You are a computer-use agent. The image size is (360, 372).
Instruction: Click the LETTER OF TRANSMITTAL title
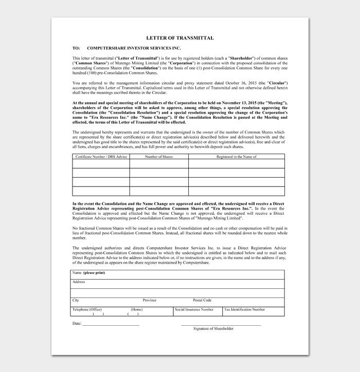click(x=180, y=38)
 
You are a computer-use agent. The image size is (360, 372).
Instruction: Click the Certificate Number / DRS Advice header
click(x=101, y=156)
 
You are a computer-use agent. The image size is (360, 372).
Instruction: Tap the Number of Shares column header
click(x=159, y=156)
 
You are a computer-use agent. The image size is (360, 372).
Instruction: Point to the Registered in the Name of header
click(x=236, y=156)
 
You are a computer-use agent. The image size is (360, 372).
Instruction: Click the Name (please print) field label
click(x=89, y=272)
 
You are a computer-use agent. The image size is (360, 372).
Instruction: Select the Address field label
click(x=79, y=282)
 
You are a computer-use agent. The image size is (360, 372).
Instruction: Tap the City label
click(x=76, y=300)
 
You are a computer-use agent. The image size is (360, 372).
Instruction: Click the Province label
click(x=150, y=300)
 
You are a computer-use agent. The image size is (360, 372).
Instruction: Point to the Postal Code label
click(x=202, y=300)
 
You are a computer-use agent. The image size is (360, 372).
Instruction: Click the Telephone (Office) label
click(x=87, y=309)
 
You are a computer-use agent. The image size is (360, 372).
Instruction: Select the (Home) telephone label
click(x=136, y=309)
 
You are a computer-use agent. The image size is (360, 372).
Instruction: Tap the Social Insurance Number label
click(x=194, y=309)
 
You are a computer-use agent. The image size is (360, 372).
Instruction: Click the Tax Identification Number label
click(x=245, y=309)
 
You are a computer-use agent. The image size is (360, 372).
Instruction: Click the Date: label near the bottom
click(x=77, y=324)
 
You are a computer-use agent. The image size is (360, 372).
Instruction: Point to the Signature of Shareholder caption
click(x=213, y=328)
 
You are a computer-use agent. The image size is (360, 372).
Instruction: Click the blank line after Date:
click(x=111, y=325)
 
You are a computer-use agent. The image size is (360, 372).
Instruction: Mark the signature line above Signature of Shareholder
click(x=221, y=325)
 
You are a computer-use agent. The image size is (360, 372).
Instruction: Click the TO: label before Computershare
click(x=76, y=48)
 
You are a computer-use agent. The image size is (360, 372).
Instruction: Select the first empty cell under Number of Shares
click(x=159, y=164)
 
